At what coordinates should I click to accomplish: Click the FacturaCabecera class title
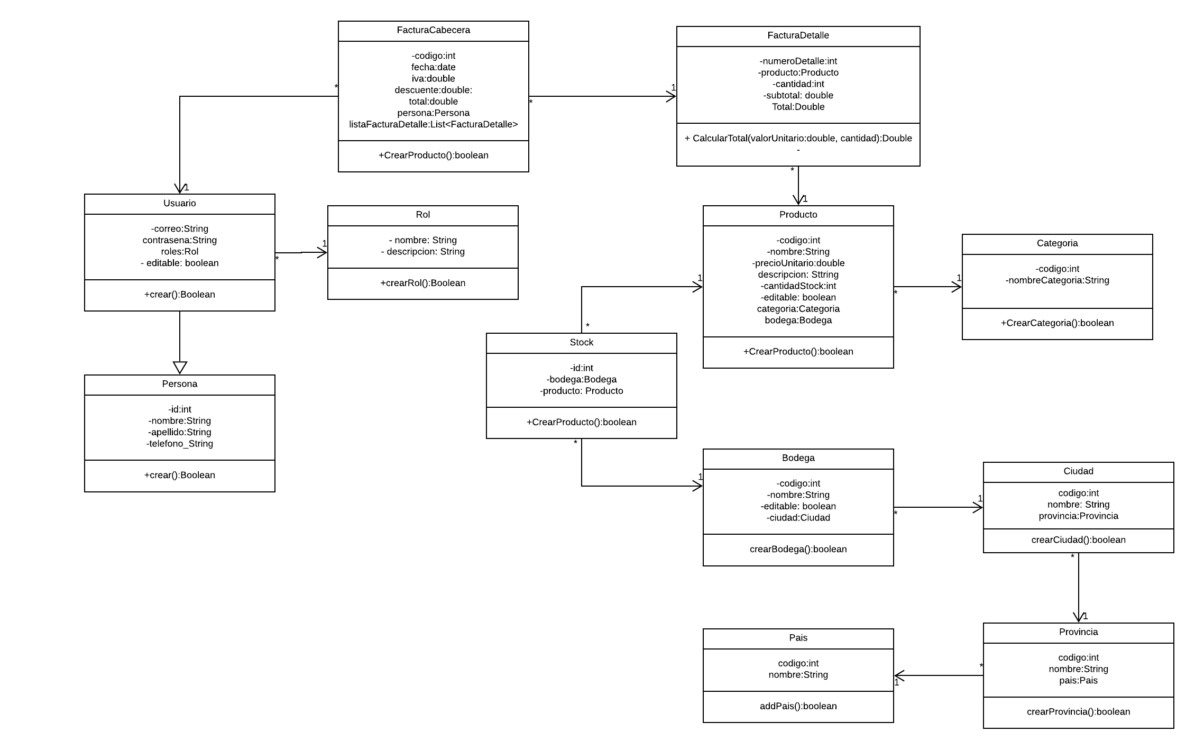[x=433, y=30]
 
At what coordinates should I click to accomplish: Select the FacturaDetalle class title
[x=798, y=35]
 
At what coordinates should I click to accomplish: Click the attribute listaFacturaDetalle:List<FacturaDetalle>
[x=433, y=124]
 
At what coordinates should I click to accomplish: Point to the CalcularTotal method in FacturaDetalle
[x=798, y=138]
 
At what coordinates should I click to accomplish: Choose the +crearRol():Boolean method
[x=422, y=283]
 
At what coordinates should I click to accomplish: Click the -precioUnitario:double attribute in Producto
[x=798, y=263]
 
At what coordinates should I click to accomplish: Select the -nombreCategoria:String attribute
[x=1057, y=280]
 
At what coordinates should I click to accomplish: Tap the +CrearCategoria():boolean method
[x=1057, y=323]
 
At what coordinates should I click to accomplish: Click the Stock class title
[x=581, y=342]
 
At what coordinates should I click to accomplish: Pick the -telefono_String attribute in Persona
[x=180, y=444]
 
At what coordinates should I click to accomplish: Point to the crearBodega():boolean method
[x=798, y=549]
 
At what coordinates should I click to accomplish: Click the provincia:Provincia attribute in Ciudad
[x=1078, y=516]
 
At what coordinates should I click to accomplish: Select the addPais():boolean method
[x=798, y=706]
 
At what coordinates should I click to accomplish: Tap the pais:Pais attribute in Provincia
[x=1078, y=681]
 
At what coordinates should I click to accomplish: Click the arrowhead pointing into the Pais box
[x=899, y=675]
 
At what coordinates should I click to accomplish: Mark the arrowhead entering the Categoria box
[x=957, y=287]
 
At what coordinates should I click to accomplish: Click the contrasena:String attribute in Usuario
[x=180, y=240]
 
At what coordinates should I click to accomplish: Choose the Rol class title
[x=422, y=215]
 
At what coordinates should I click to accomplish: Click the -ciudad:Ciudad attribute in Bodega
[x=798, y=518]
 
